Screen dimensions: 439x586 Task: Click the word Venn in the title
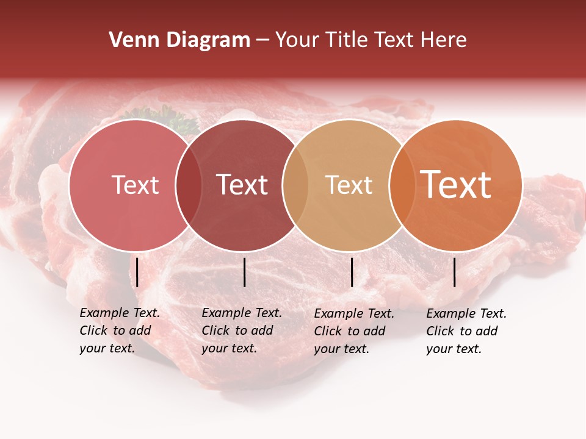(130, 40)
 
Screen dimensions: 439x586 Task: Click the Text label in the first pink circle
(135, 185)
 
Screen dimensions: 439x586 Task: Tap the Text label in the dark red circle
(242, 185)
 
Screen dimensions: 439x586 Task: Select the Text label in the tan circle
(349, 185)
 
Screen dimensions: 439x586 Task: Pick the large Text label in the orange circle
(456, 185)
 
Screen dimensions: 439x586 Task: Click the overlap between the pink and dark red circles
(189, 185)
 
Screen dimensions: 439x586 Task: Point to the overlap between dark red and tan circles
(295, 185)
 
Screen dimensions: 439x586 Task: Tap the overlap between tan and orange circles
(402, 185)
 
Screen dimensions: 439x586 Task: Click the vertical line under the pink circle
(137, 272)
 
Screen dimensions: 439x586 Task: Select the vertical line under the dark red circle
(244, 272)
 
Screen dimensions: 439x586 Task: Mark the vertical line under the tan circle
(352, 272)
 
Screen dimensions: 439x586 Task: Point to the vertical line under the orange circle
(455, 272)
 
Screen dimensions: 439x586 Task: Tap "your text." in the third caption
(341, 349)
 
